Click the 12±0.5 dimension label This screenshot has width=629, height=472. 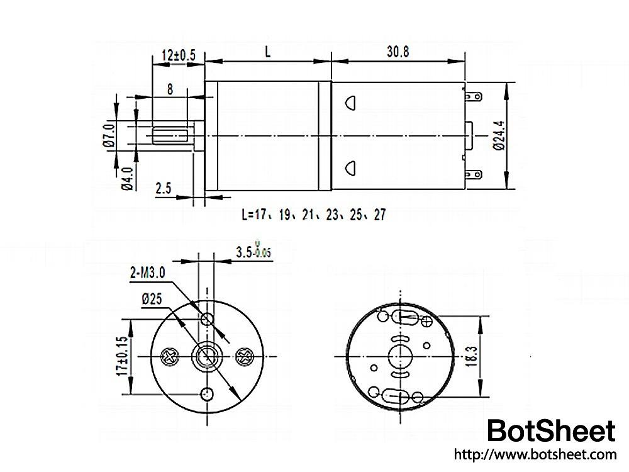pyautogui.click(x=179, y=55)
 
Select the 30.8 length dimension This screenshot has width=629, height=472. pyautogui.click(x=397, y=53)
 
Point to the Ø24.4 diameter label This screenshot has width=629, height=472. pyautogui.click(x=499, y=135)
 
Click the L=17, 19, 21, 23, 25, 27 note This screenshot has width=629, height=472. pyautogui.click(x=313, y=215)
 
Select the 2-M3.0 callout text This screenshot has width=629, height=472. pyautogui.click(x=147, y=273)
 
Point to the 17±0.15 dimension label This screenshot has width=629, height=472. pyautogui.click(x=121, y=357)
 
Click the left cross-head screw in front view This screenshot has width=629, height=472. pyautogui.click(x=170, y=357)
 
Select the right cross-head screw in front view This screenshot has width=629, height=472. pyautogui.click(x=243, y=357)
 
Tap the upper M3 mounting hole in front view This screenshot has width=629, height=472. pyautogui.click(x=206, y=320)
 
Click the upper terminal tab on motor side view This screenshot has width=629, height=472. pyautogui.click(x=473, y=97)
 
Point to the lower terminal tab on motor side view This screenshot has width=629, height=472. pyautogui.click(x=473, y=174)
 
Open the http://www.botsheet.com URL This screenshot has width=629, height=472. pyautogui.click(x=535, y=454)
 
